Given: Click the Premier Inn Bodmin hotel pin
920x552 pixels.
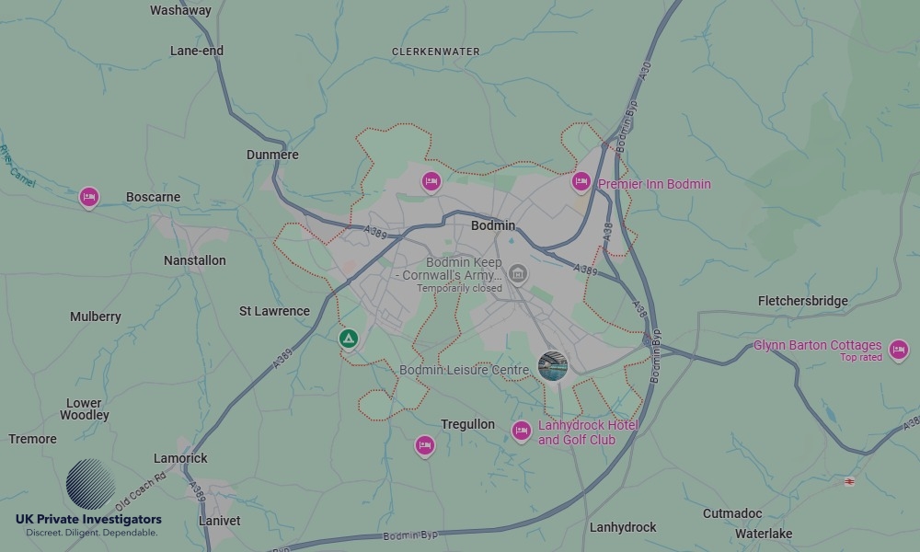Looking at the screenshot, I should [x=581, y=182].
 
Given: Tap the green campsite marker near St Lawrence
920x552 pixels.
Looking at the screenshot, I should [x=348, y=339].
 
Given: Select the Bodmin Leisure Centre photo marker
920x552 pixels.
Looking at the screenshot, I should [x=552, y=365].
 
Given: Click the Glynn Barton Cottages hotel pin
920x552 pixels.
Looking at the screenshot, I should [x=898, y=350].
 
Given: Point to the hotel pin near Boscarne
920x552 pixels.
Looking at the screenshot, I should [x=88, y=197].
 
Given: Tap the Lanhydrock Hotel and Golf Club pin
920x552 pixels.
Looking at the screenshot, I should [x=522, y=431].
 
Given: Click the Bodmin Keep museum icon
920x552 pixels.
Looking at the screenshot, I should [x=518, y=274].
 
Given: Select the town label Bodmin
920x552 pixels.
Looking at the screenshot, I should [x=493, y=225].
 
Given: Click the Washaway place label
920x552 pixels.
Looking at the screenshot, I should [x=180, y=10].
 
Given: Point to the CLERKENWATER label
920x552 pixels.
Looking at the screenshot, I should [x=436, y=52].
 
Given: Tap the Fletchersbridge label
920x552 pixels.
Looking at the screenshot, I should [x=803, y=301].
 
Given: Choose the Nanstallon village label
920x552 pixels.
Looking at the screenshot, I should [x=194, y=260].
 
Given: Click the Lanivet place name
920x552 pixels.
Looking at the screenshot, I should [x=220, y=521].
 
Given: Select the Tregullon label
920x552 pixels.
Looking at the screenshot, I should [x=467, y=424].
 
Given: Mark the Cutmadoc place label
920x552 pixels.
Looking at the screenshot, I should [x=732, y=513].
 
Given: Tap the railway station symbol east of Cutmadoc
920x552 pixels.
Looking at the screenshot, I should [x=849, y=480].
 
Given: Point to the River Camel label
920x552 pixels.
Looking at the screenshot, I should [x=17, y=167].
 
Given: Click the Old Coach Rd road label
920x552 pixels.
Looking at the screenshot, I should [x=141, y=492].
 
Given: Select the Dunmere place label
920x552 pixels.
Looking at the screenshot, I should [x=272, y=155].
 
